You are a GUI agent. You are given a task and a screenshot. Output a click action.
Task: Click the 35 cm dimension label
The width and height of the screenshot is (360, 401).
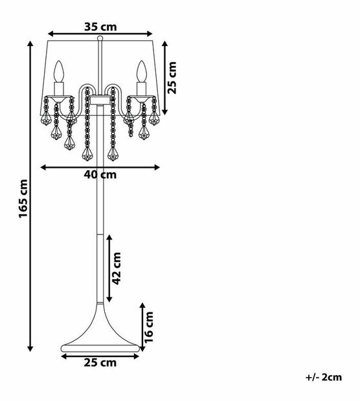(100, 27)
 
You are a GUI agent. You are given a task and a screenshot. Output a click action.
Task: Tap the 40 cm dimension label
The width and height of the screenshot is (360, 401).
(100, 175)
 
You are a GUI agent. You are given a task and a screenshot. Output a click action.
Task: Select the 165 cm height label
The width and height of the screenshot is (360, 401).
(23, 199)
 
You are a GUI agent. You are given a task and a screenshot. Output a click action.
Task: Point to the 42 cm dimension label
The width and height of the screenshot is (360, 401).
(117, 268)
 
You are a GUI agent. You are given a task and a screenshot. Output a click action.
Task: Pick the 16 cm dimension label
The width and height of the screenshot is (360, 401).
(149, 327)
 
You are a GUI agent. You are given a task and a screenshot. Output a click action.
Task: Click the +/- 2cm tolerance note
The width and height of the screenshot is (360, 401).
(324, 377)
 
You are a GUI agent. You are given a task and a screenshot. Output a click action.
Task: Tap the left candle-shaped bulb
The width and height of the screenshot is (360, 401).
(58, 71)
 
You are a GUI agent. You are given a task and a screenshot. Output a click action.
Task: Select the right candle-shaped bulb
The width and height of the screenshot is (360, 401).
(142, 71)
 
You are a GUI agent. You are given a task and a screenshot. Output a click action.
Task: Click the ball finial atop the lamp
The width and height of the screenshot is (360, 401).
(100, 38)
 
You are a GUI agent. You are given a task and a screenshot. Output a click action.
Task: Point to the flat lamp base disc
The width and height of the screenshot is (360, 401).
(100, 348)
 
